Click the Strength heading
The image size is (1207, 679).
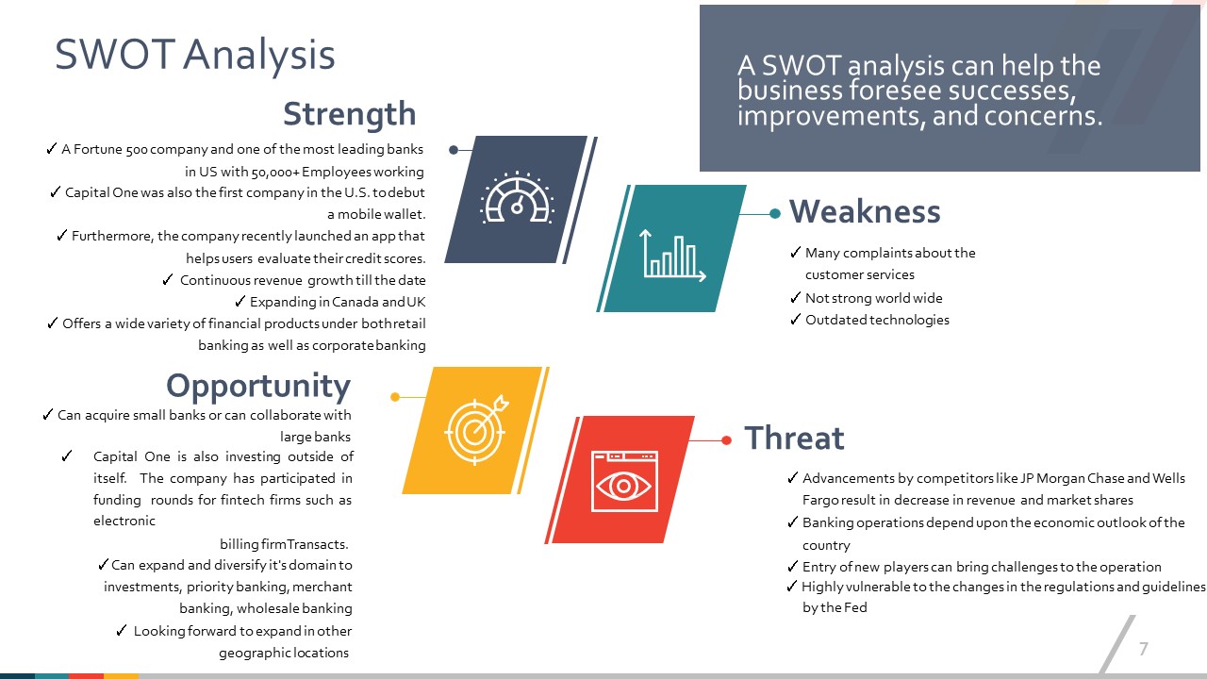click(349, 114)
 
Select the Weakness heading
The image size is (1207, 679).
click(865, 211)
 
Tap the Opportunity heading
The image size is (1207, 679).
click(258, 387)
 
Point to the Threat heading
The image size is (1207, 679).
click(794, 438)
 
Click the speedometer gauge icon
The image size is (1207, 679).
click(518, 198)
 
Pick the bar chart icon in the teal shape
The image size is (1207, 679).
click(673, 255)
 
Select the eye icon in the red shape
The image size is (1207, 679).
click(624, 481)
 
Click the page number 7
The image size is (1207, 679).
click(1144, 648)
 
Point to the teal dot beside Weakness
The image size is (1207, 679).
click(775, 214)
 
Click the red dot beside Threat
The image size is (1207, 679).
click(726, 440)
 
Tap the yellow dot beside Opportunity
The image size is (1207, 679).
click(395, 397)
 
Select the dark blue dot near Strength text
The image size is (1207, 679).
click(454, 150)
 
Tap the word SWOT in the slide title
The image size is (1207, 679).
click(115, 55)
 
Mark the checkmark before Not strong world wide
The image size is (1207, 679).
click(795, 297)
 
